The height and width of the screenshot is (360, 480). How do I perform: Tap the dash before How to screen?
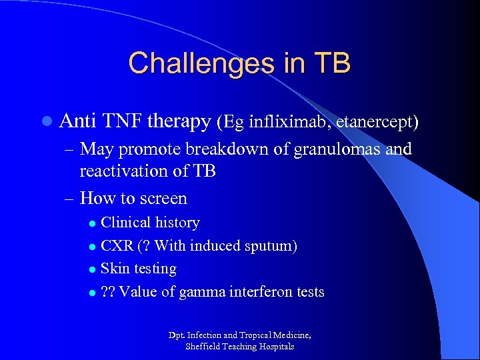click(x=70, y=199)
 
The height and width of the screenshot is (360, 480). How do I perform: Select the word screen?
click(x=164, y=199)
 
